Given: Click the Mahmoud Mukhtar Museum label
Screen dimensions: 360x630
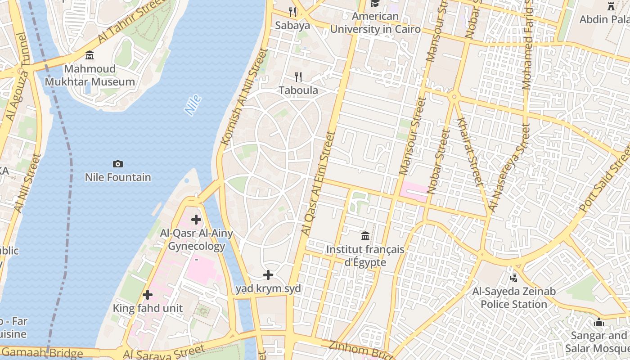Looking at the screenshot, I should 90,75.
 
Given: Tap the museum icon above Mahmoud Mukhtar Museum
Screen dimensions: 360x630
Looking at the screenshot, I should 90,55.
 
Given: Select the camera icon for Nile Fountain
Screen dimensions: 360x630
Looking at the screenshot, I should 118,164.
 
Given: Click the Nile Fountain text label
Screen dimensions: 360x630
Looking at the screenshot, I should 118,177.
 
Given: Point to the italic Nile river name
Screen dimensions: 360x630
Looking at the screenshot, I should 193,105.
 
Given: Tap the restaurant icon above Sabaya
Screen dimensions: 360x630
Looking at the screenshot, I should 293,12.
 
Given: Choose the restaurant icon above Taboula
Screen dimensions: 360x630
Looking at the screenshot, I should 298,77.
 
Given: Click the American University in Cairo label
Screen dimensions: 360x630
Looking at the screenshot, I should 375,23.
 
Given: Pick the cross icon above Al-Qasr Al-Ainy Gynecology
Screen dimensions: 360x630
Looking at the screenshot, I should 196,220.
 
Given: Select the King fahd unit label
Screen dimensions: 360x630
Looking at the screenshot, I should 148,308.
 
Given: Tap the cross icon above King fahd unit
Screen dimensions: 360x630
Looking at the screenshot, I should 148,295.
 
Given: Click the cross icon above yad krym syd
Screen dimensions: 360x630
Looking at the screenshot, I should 268,274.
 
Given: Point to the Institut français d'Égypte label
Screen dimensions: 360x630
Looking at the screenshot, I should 365,256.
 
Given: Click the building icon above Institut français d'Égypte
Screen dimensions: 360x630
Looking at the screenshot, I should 365,236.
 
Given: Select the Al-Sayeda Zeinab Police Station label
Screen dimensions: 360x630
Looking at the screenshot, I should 514,298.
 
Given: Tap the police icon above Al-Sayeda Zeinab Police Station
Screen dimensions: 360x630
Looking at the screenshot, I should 514,278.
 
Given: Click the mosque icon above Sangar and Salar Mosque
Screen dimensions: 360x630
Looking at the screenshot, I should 599,322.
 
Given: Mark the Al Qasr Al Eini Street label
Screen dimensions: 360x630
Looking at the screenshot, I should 318,183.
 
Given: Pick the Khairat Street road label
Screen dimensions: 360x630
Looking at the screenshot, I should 469,151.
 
